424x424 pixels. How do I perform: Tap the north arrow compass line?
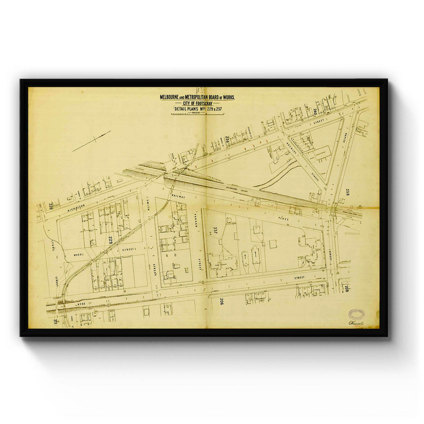(x=92, y=141)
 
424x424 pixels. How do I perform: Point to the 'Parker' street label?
(x=195, y=218)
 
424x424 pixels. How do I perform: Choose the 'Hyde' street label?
(x=82, y=303)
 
